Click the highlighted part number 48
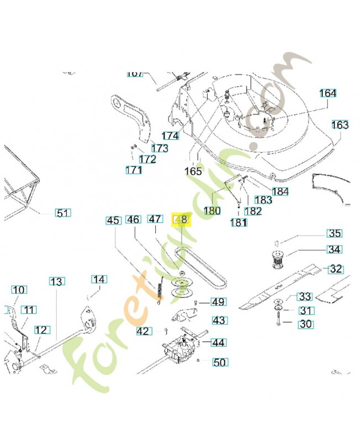click(181, 220)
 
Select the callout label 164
click(327, 93)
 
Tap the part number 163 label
click(340, 125)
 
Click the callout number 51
click(63, 213)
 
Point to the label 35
click(335, 233)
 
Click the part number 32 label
click(336, 270)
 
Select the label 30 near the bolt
click(306, 324)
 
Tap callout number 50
click(220, 362)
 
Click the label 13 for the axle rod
click(56, 282)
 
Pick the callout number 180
click(212, 211)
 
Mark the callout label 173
click(160, 148)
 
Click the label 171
click(134, 170)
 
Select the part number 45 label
click(113, 220)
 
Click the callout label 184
click(280, 192)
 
